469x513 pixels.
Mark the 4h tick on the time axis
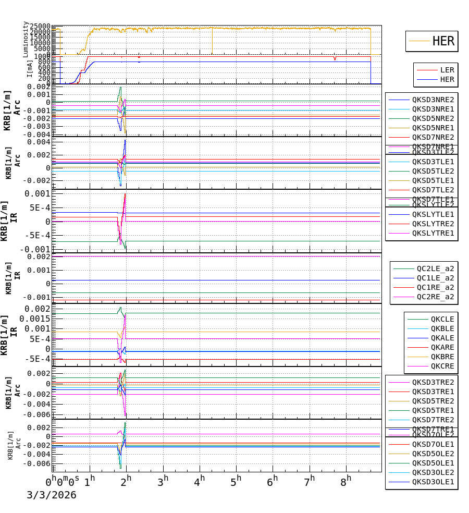(x=200, y=480)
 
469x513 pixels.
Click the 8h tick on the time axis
(x=346, y=480)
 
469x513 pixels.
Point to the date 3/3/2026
(x=51, y=495)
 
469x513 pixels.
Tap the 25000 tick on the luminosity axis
(x=40, y=27)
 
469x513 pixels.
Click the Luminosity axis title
(x=26, y=39)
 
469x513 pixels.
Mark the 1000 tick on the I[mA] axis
(x=43, y=56)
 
